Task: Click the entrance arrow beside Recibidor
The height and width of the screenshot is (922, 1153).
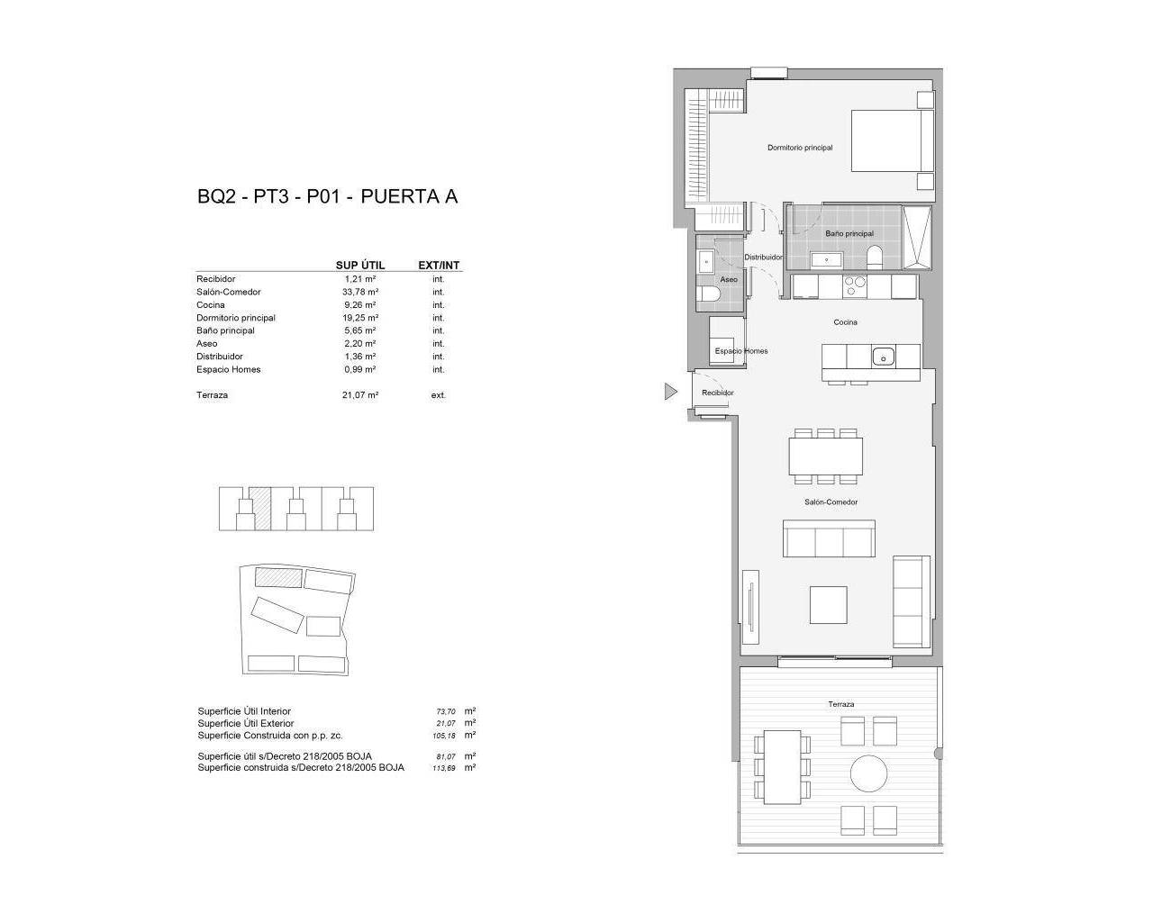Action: (x=670, y=392)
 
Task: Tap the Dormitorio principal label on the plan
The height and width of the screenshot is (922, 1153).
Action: (x=800, y=148)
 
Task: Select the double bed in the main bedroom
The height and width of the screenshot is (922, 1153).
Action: (x=886, y=140)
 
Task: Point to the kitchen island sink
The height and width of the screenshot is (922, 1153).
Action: (x=883, y=357)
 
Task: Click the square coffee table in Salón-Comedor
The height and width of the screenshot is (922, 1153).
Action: (x=828, y=605)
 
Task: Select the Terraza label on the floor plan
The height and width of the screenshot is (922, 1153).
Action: (x=840, y=704)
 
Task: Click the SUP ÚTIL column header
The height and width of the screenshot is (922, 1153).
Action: (x=359, y=266)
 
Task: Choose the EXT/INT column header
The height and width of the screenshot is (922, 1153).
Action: (x=439, y=266)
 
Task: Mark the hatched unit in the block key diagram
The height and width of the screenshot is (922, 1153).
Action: (x=260, y=509)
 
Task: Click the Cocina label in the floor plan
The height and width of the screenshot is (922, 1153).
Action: (x=845, y=322)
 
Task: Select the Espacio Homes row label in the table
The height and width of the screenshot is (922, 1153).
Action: (x=229, y=369)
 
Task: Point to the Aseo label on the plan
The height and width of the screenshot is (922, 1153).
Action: (x=729, y=279)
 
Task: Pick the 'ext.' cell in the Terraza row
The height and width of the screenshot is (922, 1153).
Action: (x=439, y=395)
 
